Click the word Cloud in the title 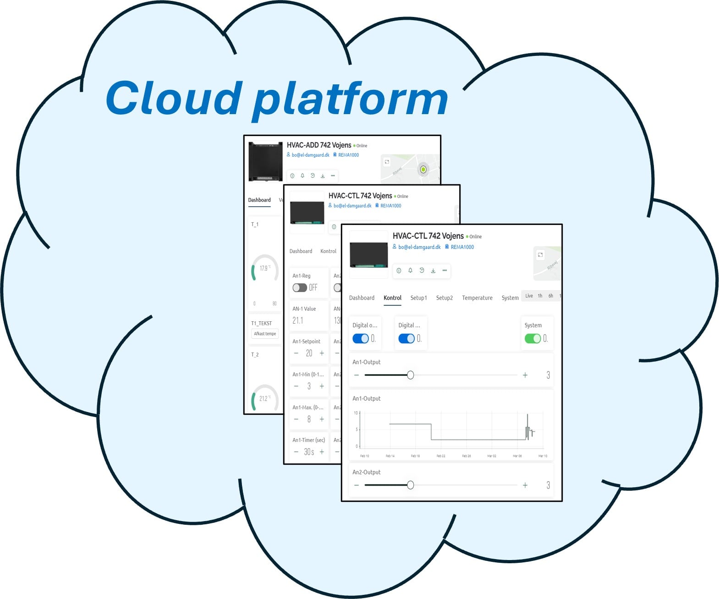pos(173,98)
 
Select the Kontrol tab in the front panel pos(392,298)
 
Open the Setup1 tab pos(418,298)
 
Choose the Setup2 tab pos(444,298)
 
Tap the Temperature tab pos(477,298)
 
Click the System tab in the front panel pos(510,298)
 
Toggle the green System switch pos(532,339)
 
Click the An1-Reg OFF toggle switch pos(300,288)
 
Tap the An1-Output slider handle pos(411,375)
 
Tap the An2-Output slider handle pos(411,485)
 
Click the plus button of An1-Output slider pos(525,375)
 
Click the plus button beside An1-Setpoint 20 pos(322,353)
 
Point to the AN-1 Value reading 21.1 pos(298,320)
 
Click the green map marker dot pos(423,170)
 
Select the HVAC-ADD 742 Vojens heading pos(319,145)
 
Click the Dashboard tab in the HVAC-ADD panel pos(259,200)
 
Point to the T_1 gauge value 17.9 pos(264,268)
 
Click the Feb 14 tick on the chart pos(390,456)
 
